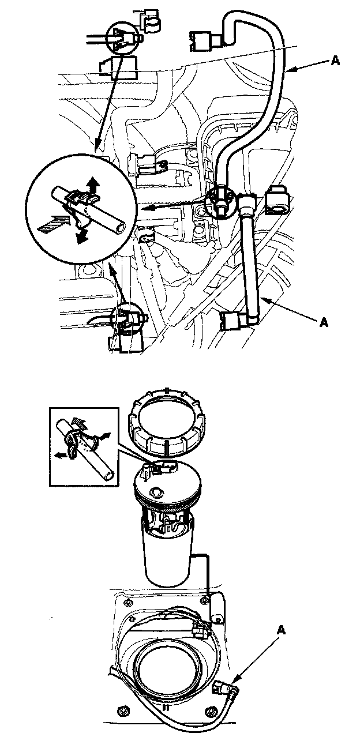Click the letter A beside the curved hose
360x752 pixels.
335,61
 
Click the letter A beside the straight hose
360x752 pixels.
324,322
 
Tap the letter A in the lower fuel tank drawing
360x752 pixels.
282,631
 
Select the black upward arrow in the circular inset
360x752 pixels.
93,185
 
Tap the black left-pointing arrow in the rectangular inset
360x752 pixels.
61,456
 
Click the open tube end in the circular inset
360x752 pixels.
119,230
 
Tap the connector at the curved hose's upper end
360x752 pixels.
205,41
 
